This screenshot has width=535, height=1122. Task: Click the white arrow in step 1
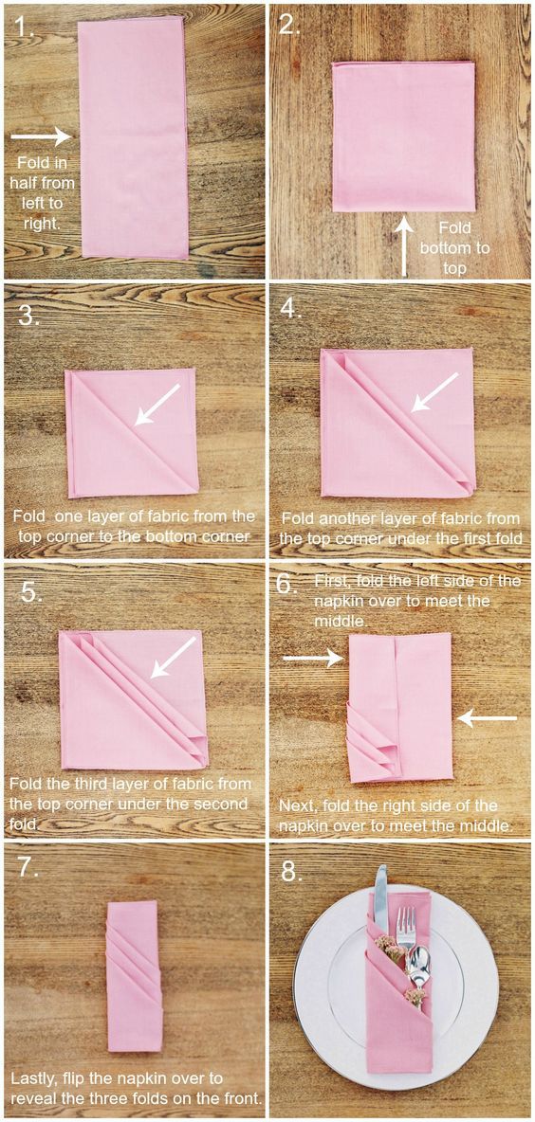coord(42,136)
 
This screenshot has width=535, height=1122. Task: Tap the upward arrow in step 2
coord(405,246)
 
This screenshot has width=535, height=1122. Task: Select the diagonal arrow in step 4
coord(434,392)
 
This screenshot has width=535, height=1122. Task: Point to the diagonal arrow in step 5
coord(173,657)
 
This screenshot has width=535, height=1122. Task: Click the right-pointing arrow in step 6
coord(314,657)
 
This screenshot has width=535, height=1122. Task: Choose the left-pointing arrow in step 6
coord(487,717)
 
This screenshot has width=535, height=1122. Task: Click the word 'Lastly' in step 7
coord(34,1077)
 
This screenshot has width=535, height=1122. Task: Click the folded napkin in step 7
coord(135,974)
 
